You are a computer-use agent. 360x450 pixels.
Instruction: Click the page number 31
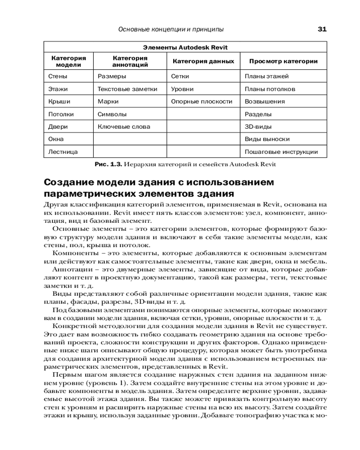(x=322, y=29)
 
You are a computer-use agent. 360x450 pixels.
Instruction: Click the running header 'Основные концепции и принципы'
(x=171, y=29)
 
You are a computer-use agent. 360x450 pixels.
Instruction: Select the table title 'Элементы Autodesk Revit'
(x=185, y=47)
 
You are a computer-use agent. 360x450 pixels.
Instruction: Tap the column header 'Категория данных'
(x=203, y=61)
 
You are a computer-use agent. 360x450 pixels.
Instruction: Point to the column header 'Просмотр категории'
(x=283, y=61)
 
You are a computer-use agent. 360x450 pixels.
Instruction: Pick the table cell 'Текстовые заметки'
(x=127, y=89)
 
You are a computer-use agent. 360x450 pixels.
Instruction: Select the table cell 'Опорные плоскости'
(x=202, y=102)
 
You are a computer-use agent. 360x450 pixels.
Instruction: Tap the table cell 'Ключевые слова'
(x=124, y=127)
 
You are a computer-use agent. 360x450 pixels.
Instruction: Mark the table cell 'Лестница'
(x=63, y=152)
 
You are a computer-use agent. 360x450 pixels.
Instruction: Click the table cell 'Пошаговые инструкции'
(x=281, y=152)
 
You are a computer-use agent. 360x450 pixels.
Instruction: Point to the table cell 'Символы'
(x=112, y=114)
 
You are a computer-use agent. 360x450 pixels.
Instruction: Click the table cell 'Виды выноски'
(x=267, y=139)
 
